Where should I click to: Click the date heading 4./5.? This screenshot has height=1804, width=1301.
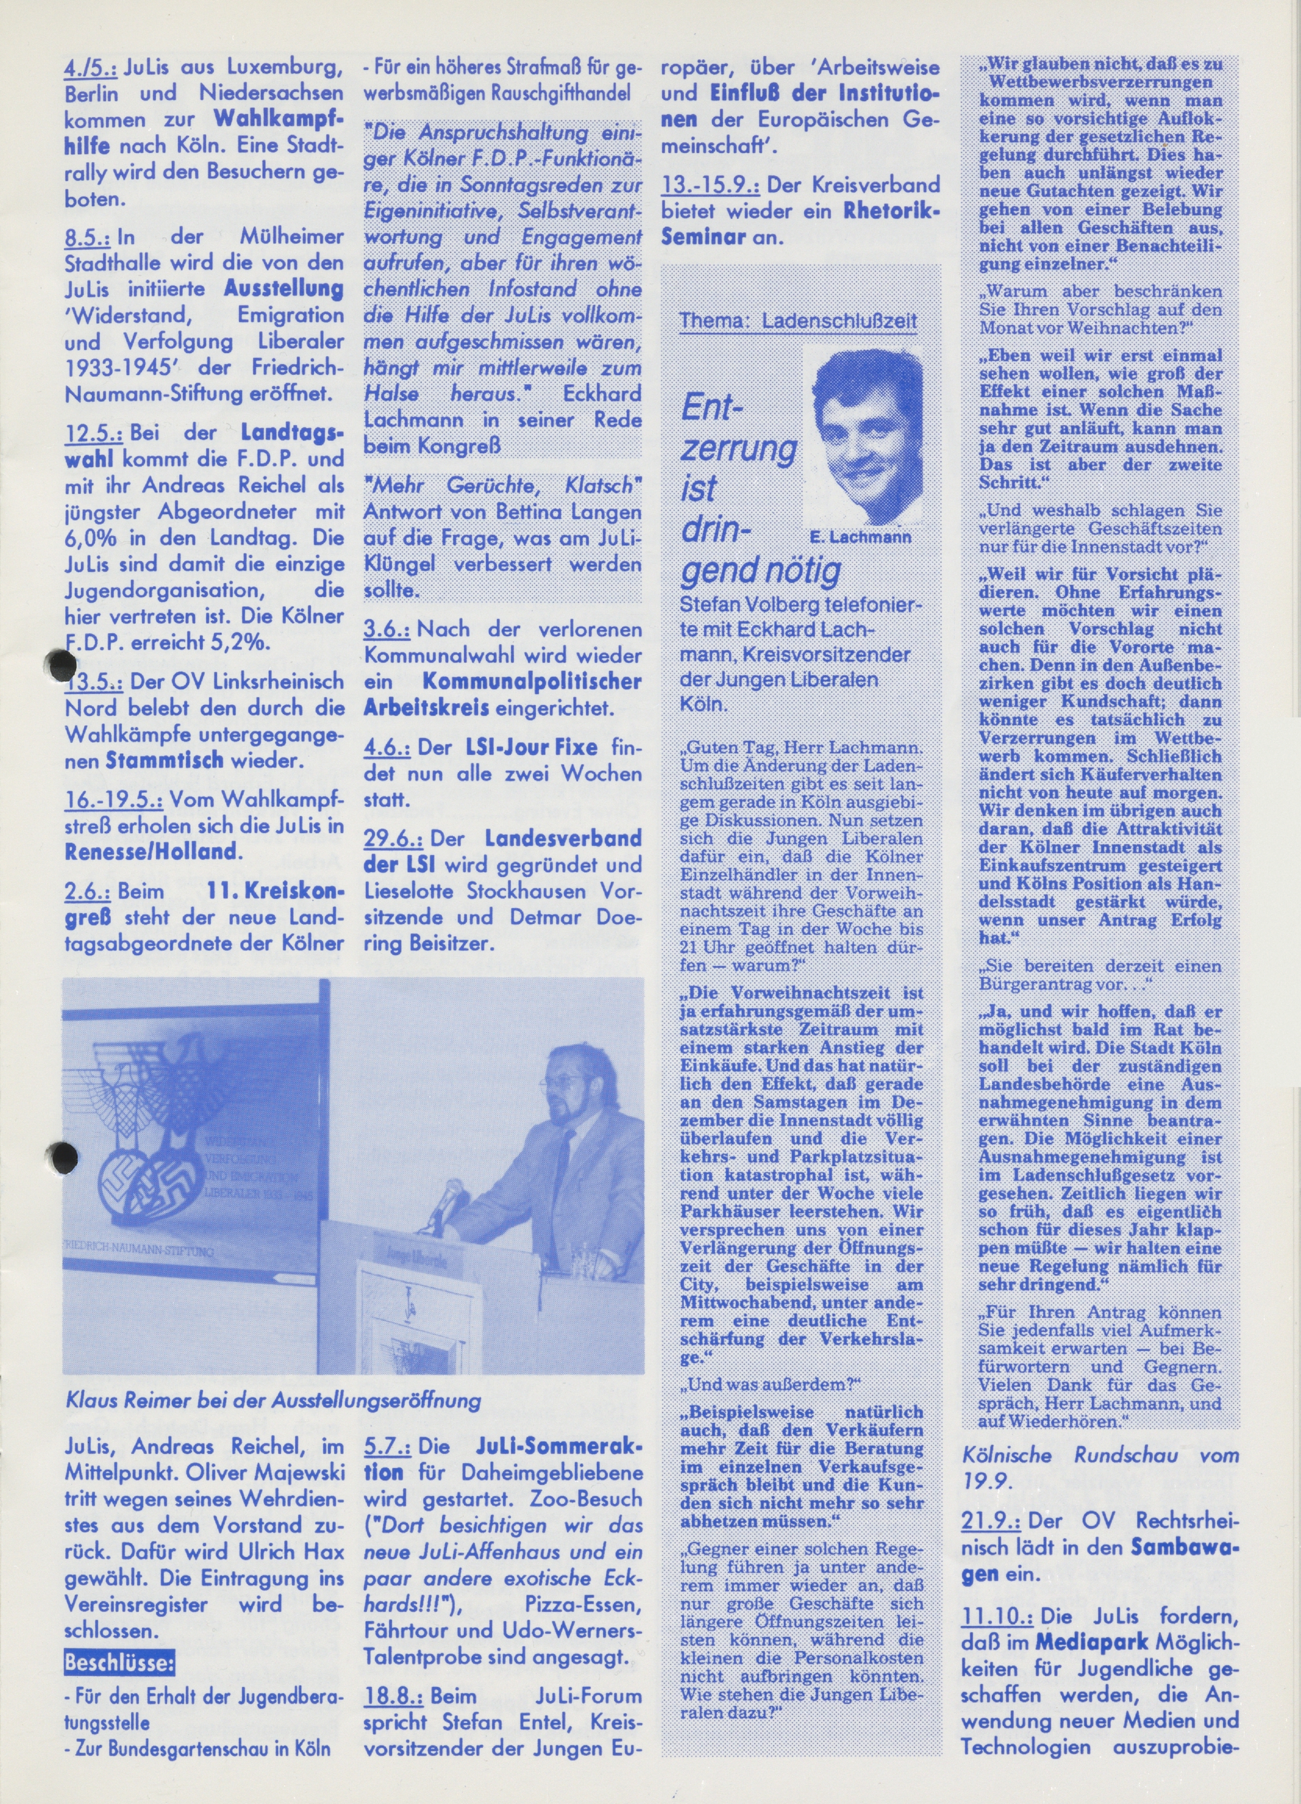click(x=91, y=68)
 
